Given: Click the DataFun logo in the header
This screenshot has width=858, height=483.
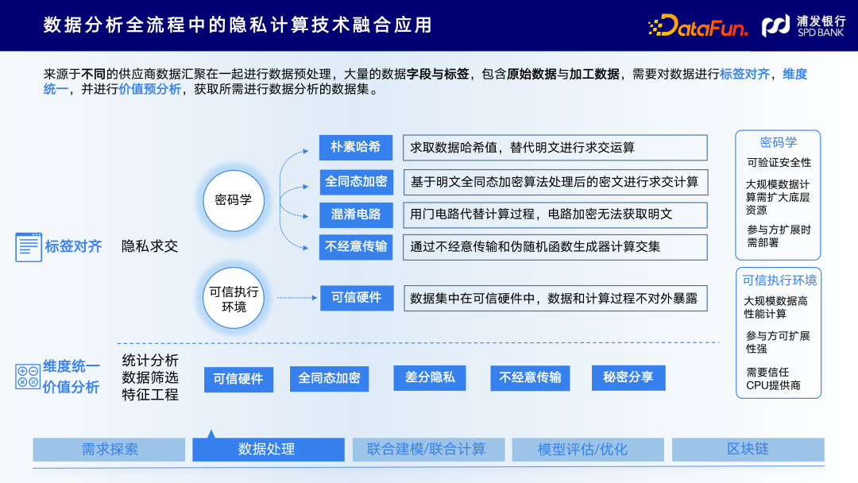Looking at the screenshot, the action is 698,26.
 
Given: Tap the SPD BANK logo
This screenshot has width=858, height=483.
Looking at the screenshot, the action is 803,26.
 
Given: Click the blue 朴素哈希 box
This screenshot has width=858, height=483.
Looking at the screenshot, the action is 356,147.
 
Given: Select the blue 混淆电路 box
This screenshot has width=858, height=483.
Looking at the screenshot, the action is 356,214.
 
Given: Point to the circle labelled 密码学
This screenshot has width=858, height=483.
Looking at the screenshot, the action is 233,199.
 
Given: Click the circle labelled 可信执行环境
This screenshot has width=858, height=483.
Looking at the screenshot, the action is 234,299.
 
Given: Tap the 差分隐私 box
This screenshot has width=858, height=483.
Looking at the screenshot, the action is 430,377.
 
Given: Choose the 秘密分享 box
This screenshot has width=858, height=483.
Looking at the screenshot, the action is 628,377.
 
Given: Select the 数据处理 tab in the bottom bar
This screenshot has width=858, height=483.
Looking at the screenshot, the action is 268,450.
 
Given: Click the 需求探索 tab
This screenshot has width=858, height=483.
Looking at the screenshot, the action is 110,450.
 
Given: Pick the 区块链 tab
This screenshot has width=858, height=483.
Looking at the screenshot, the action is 748,450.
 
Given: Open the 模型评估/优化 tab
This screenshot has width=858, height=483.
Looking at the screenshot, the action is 588,450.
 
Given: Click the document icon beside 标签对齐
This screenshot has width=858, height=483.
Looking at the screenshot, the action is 29,247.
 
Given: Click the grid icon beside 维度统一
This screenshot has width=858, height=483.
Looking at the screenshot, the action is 28,377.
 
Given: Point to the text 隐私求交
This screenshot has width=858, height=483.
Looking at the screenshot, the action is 149,246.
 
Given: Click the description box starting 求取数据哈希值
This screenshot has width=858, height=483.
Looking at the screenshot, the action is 555,148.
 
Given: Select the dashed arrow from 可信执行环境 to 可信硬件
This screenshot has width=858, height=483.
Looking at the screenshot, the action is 296,298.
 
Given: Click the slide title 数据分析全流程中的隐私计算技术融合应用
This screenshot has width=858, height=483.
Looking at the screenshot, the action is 238,25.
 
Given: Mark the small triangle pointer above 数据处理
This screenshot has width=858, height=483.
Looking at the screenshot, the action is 211,434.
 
